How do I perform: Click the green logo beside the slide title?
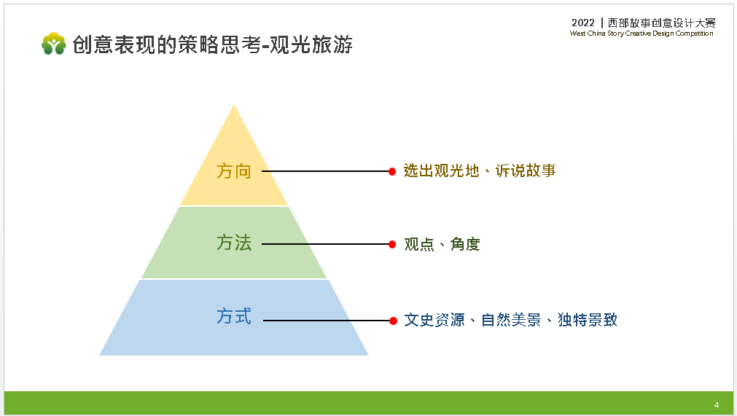(54, 44)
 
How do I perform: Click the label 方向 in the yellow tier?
(233, 171)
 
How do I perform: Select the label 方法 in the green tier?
(233, 243)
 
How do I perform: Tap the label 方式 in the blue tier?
(233, 316)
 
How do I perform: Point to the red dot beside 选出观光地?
(392, 171)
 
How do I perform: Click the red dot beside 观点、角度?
(392, 244)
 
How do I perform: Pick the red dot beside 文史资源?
(393, 321)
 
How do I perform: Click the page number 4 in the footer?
(717, 405)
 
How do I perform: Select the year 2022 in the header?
(583, 23)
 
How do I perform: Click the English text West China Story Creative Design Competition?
(642, 34)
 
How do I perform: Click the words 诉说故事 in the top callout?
(526, 170)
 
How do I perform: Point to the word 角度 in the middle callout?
(465, 244)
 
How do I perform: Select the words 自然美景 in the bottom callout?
(511, 320)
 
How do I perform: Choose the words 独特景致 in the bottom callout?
(588, 320)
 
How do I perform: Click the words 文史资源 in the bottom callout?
(434, 320)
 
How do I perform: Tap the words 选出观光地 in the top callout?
(441, 170)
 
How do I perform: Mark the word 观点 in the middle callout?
(419, 244)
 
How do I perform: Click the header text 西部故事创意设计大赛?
(661, 23)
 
